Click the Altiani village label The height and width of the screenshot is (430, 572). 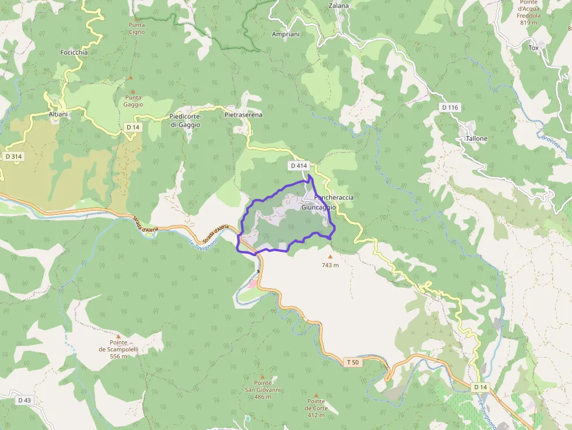[58, 114]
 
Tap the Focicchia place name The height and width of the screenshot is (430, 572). [74, 53]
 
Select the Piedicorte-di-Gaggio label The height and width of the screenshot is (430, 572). [185, 121]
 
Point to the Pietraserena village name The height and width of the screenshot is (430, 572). [243, 115]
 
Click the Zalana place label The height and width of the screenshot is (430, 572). [339, 6]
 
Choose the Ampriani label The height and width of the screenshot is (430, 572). [285, 34]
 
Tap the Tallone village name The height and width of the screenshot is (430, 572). [476, 139]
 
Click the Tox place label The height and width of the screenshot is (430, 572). [533, 48]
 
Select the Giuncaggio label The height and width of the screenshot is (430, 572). [319, 207]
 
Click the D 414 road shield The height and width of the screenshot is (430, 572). [298, 166]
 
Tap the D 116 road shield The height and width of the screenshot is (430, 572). [450, 107]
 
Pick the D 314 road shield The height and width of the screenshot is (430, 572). [13, 156]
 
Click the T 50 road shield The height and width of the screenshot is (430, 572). [353, 362]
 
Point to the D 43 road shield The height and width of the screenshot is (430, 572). [24, 400]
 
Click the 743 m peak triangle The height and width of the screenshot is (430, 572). [330, 256]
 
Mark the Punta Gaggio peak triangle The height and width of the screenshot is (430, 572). [132, 92]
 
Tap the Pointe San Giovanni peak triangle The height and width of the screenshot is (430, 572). [262, 377]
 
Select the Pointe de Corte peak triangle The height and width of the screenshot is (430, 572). [316, 396]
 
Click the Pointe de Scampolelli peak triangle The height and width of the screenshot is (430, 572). [118, 337]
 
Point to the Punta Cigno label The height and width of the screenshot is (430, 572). [137, 28]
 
